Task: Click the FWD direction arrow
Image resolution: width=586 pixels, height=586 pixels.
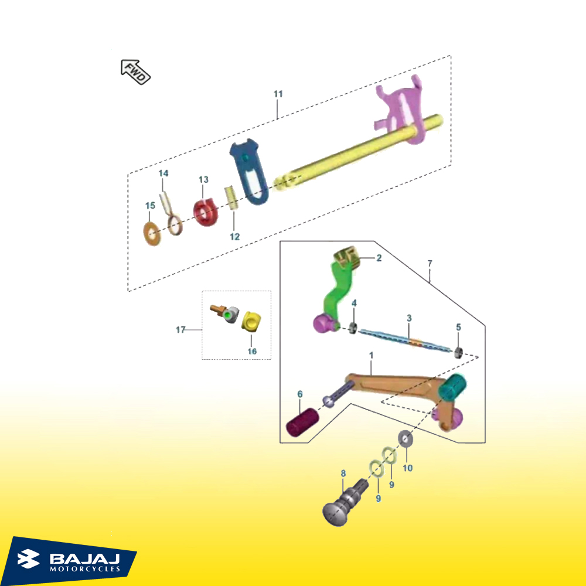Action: (x=135, y=72)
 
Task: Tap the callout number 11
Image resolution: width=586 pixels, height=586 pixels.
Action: (x=278, y=94)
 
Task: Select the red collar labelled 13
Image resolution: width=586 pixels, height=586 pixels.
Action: (x=206, y=212)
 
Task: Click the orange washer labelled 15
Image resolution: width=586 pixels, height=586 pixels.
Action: (x=152, y=234)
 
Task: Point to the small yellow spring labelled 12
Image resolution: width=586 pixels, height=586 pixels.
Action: (x=231, y=197)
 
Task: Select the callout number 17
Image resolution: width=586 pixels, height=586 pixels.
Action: (x=180, y=329)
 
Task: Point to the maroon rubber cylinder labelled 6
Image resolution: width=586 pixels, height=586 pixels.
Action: (x=302, y=422)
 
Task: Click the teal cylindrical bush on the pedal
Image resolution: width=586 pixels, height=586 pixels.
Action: (x=452, y=388)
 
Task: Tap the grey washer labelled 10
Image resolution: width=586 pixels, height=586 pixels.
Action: (x=405, y=438)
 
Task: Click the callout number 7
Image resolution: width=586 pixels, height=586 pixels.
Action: (x=430, y=264)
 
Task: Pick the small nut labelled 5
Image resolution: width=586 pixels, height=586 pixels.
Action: (x=459, y=352)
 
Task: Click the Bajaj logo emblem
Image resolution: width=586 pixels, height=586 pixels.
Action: (x=28, y=558)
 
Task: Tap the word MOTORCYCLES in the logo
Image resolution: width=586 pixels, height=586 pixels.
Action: (x=85, y=569)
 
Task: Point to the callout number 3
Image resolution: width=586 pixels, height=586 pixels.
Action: (x=409, y=318)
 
